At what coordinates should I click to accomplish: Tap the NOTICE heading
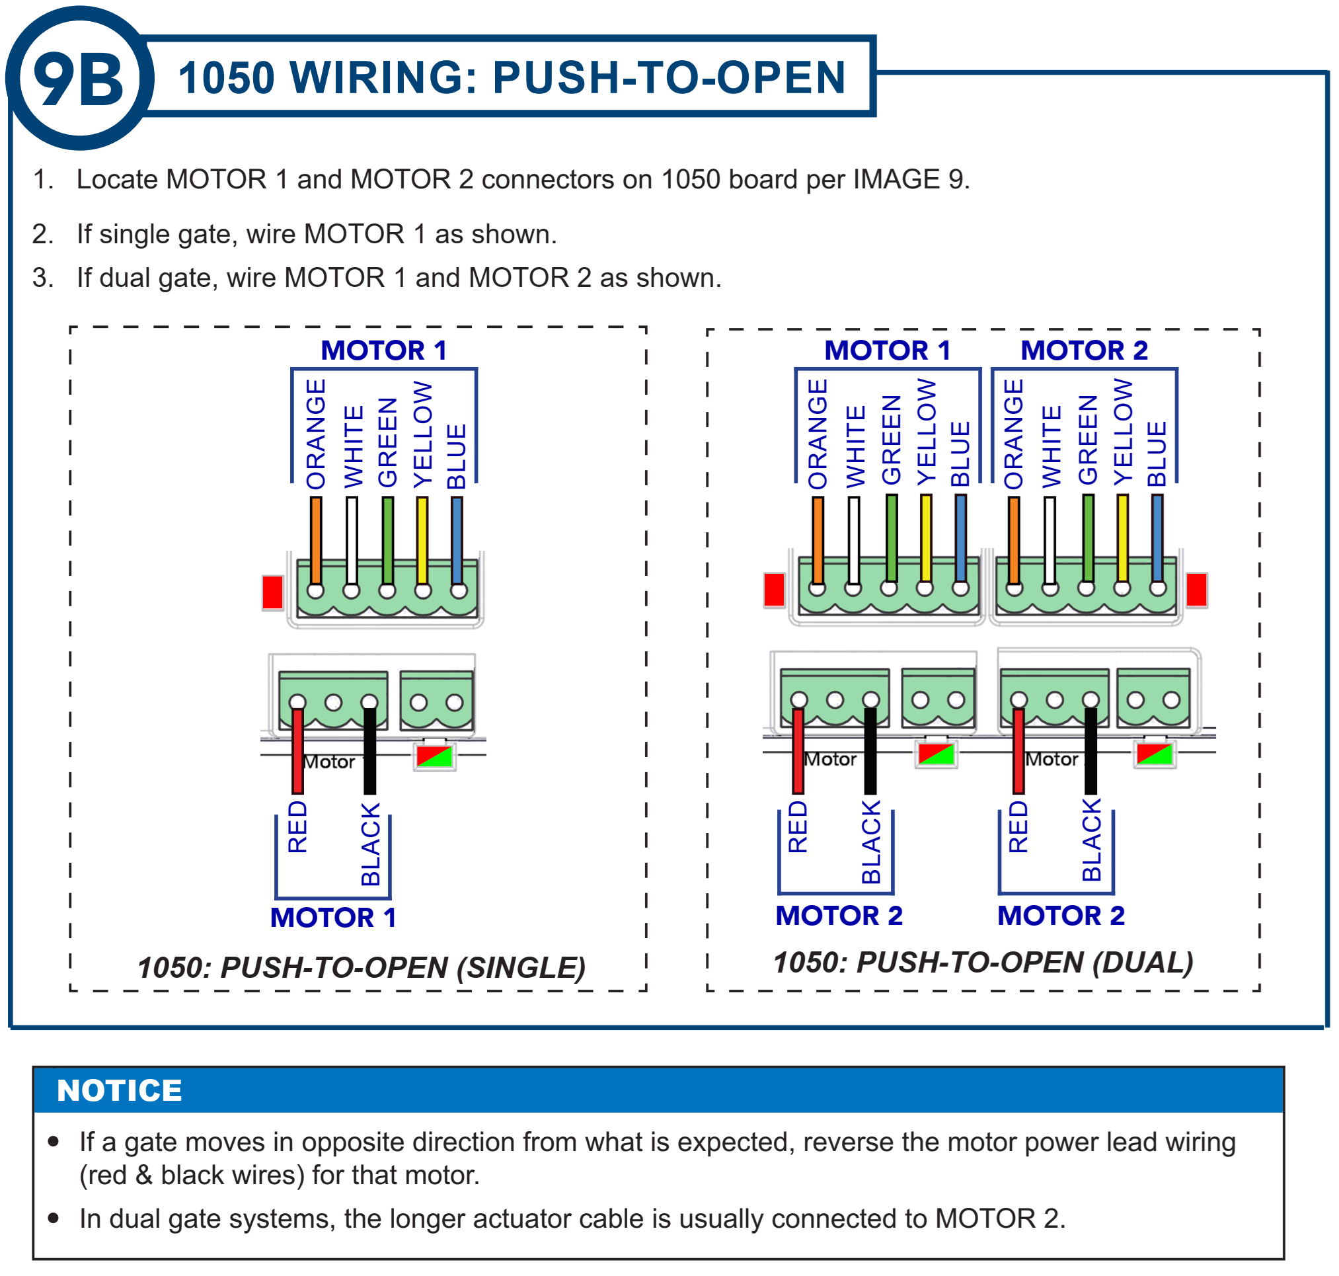click(x=119, y=1090)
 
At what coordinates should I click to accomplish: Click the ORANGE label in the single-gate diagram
click(x=315, y=434)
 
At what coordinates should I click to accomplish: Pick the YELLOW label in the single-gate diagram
click(x=422, y=434)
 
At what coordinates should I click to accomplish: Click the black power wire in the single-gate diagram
click(x=369, y=752)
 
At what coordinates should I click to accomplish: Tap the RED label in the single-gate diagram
click(x=298, y=826)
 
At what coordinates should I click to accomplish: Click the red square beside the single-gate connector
click(x=273, y=592)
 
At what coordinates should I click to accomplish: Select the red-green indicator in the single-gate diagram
click(x=434, y=756)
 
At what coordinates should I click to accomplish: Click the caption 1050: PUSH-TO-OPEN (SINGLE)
click(x=361, y=967)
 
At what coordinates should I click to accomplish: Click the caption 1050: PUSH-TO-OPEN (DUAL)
click(x=983, y=963)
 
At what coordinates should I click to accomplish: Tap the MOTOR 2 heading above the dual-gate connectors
click(x=1084, y=350)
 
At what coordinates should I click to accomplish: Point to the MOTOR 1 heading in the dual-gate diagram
click(x=887, y=350)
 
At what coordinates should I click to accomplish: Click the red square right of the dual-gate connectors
click(x=1196, y=589)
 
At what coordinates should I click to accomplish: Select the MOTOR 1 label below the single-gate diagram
click(x=332, y=918)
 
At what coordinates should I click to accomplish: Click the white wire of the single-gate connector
click(x=352, y=541)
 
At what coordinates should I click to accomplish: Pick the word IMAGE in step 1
click(x=897, y=180)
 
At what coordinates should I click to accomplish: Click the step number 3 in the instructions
click(x=43, y=278)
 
